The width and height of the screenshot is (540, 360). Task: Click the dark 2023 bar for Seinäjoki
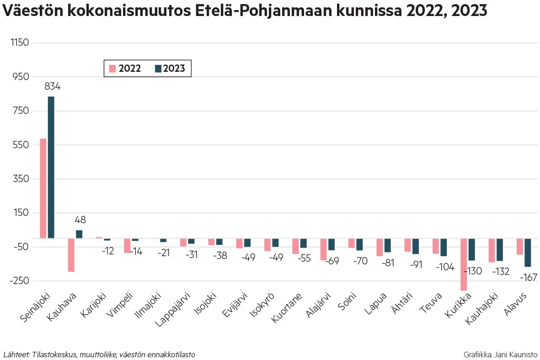[51, 167]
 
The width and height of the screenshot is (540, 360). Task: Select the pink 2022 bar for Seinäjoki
[43, 188]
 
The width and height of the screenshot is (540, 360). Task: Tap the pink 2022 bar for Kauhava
[71, 255]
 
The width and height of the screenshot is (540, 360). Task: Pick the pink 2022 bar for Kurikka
[464, 264]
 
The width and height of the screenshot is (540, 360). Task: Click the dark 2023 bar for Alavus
[528, 253]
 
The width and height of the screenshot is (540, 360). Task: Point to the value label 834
[52, 86]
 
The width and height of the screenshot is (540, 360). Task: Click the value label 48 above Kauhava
[80, 220]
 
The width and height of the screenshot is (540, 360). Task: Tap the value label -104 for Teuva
[444, 267]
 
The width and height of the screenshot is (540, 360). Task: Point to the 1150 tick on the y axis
[19, 43]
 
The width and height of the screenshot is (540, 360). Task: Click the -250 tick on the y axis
[18, 281]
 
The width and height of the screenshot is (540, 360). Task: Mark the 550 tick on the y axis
[20, 145]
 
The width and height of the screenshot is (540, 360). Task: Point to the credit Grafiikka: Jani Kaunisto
[500, 355]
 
